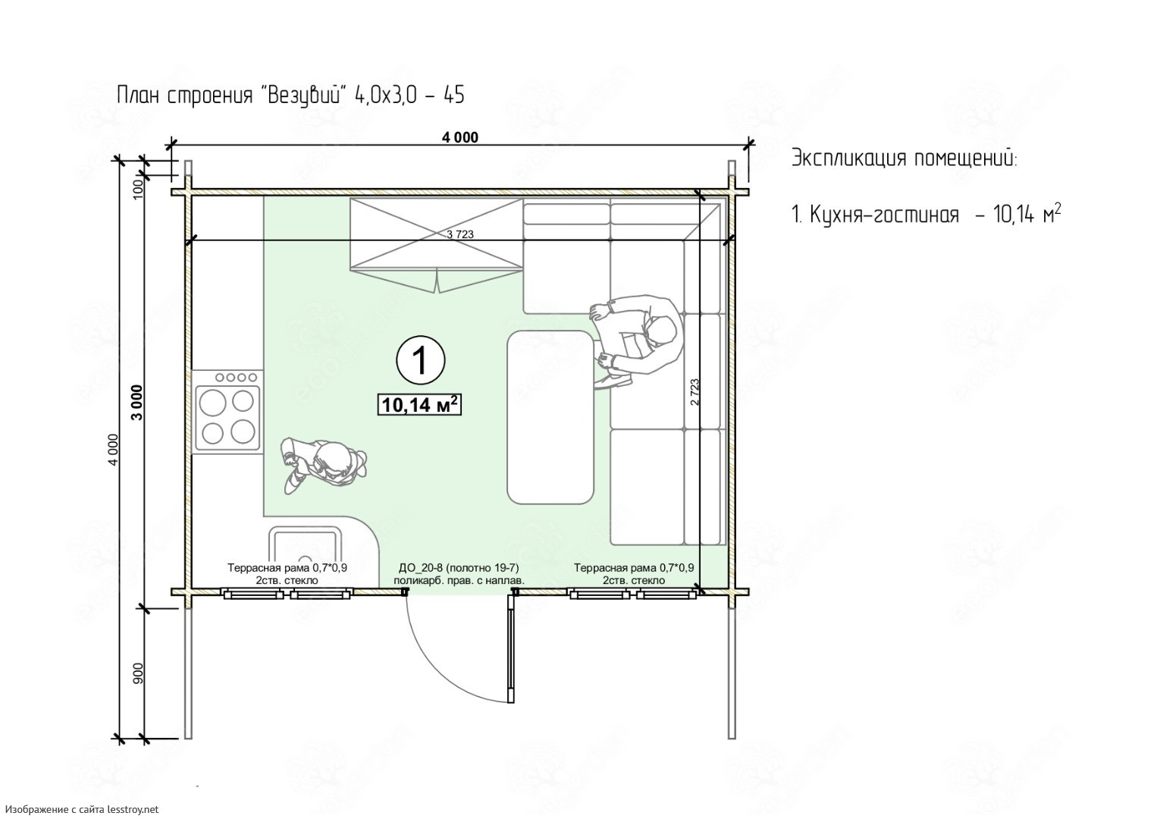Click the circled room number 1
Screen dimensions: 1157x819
tap(421, 360)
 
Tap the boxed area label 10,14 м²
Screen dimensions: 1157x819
tap(419, 405)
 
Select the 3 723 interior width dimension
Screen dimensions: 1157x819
tap(459, 234)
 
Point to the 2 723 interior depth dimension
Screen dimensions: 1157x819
tap(695, 391)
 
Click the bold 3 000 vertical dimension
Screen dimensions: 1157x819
tap(137, 403)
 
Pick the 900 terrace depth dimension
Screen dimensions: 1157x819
tap(138, 673)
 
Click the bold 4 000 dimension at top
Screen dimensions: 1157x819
tap(459, 137)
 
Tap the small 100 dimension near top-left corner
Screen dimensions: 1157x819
tap(138, 190)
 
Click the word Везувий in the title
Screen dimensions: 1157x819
tap(304, 96)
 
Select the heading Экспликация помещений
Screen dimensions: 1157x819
tap(905, 158)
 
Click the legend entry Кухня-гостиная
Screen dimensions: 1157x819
tap(884, 214)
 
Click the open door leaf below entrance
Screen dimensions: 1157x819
tap(511, 648)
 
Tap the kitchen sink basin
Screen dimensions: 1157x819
tap(306, 548)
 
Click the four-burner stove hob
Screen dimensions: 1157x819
tap(227, 411)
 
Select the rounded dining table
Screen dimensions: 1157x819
tap(550, 417)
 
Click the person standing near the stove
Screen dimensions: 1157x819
tap(324, 465)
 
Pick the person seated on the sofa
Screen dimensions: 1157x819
tap(636, 341)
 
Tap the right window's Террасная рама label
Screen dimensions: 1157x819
tap(634, 568)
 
